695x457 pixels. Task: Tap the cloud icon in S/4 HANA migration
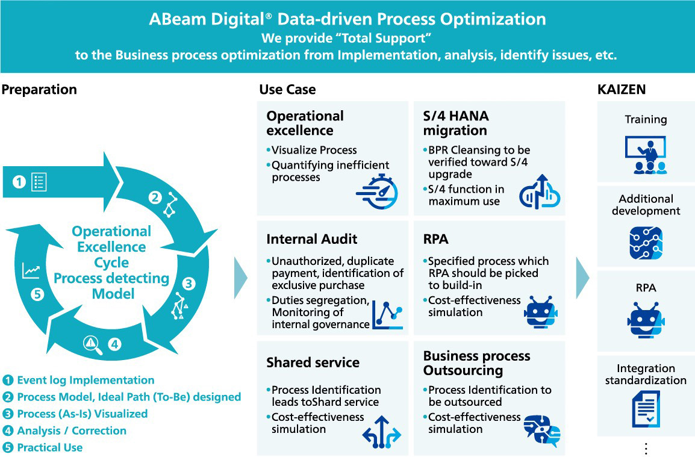(539, 192)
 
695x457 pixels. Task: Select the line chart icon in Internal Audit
(387, 313)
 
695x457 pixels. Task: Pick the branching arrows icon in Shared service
(381, 431)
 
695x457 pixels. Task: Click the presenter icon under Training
(646, 155)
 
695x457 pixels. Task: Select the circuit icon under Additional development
(646, 243)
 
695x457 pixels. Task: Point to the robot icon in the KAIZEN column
(646, 320)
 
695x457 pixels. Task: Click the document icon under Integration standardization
(646, 409)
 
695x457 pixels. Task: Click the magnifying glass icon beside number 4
(90, 344)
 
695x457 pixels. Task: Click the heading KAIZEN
(621, 90)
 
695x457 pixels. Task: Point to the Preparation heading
(39, 90)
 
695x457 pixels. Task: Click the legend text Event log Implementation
(86, 380)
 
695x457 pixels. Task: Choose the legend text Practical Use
(50, 447)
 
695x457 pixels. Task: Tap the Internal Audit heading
(312, 239)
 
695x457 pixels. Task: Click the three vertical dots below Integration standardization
(646, 449)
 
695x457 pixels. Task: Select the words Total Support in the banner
(384, 38)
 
